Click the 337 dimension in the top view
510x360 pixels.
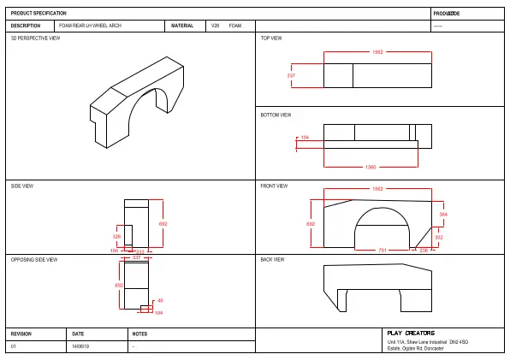coord(290,76)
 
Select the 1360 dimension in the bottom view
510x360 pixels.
coord(371,167)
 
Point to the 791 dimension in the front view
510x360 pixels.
coord(382,251)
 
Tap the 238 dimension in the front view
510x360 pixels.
coord(424,251)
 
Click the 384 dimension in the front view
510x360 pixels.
coord(443,214)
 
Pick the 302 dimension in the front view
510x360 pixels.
coord(439,237)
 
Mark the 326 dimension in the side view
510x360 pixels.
coord(116,236)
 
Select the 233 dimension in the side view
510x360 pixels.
coord(140,251)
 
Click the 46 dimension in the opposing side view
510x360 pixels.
coord(160,300)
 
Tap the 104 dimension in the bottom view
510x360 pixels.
coord(305,137)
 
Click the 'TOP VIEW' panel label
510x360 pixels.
coord(271,38)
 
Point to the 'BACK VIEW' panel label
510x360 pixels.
coord(272,259)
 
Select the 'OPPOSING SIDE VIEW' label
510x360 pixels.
coord(33,259)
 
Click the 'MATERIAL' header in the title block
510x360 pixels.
coord(182,26)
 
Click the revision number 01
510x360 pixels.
coord(13,346)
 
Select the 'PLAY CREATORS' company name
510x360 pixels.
coord(411,333)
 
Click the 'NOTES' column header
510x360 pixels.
coord(140,333)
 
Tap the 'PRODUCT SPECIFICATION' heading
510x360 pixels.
coord(39,14)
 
